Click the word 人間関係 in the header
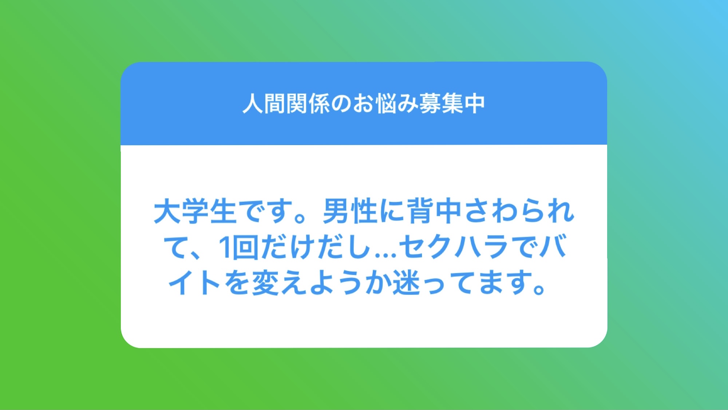click(x=286, y=104)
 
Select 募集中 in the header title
click(x=452, y=104)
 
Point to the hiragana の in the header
click(x=341, y=104)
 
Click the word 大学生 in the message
click(x=195, y=211)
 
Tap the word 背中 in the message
click(x=435, y=211)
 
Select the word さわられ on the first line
click(x=519, y=211)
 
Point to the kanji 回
click(x=246, y=247)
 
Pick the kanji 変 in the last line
click(x=265, y=282)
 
